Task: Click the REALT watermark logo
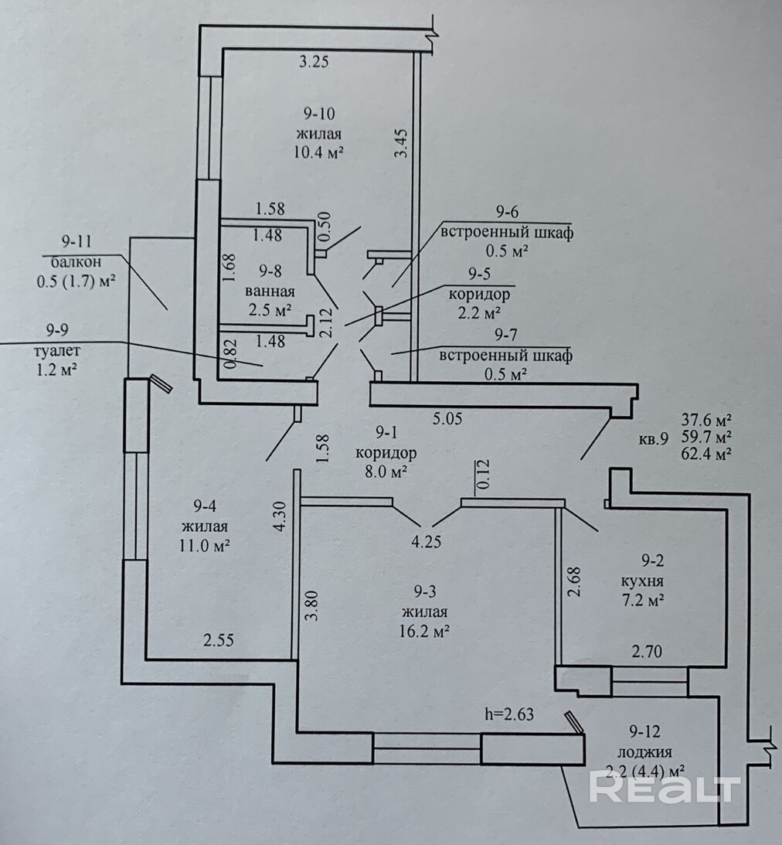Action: (x=665, y=788)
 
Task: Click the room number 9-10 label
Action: (x=318, y=114)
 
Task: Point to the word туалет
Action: (x=52, y=351)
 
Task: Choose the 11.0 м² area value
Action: (x=205, y=543)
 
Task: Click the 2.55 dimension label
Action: (x=218, y=640)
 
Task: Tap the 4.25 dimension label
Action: (x=427, y=541)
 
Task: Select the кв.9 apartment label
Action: (x=653, y=440)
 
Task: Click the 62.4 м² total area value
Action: (x=706, y=455)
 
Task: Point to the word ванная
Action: (x=270, y=291)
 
